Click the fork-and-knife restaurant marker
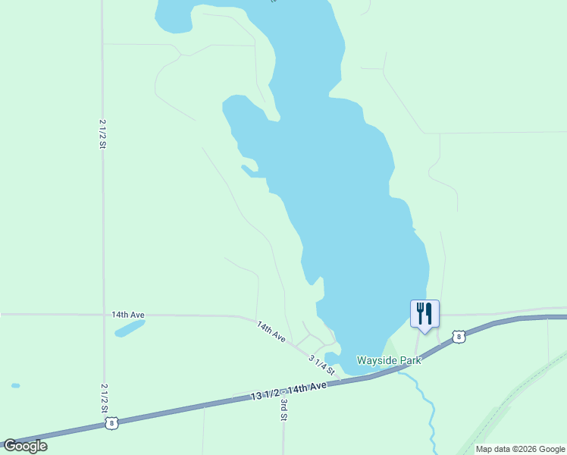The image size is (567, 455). pyautogui.click(x=424, y=312)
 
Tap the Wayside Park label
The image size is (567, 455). pyautogui.click(x=389, y=360)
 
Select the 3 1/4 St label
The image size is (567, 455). pyautogui.click(x=321, y=365)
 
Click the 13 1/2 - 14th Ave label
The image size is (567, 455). pyautogui.click(x=289, y=391)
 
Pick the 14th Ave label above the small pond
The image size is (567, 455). pyautogui.click(x=127, y=314)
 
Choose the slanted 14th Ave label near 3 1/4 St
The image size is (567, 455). pyautogui.click(x=271, y=331)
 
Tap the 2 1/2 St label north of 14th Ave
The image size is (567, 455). pyautogui.click(x=102, y=133)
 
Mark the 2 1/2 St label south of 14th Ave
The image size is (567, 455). pyautogui.click(x=103, y=397)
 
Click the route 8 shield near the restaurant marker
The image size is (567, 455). pyautogui.click(x=459, y=336)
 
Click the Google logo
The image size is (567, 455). pyautogui.click(x=26, y=446)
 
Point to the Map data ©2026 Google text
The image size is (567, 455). pyautogui.click(x=520, y=449)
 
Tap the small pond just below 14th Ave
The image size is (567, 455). pyautogui.click(x=129, y=329)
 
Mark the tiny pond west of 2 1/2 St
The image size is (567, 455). pyautogui.click(x=16, y=385)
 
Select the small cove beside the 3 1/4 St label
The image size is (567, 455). pyautogui.click(x=332, y=356)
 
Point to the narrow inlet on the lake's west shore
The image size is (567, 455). pyautogui.click(x=248, y=169)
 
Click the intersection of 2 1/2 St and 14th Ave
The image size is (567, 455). pyautogui.click(x=103, y=314)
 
